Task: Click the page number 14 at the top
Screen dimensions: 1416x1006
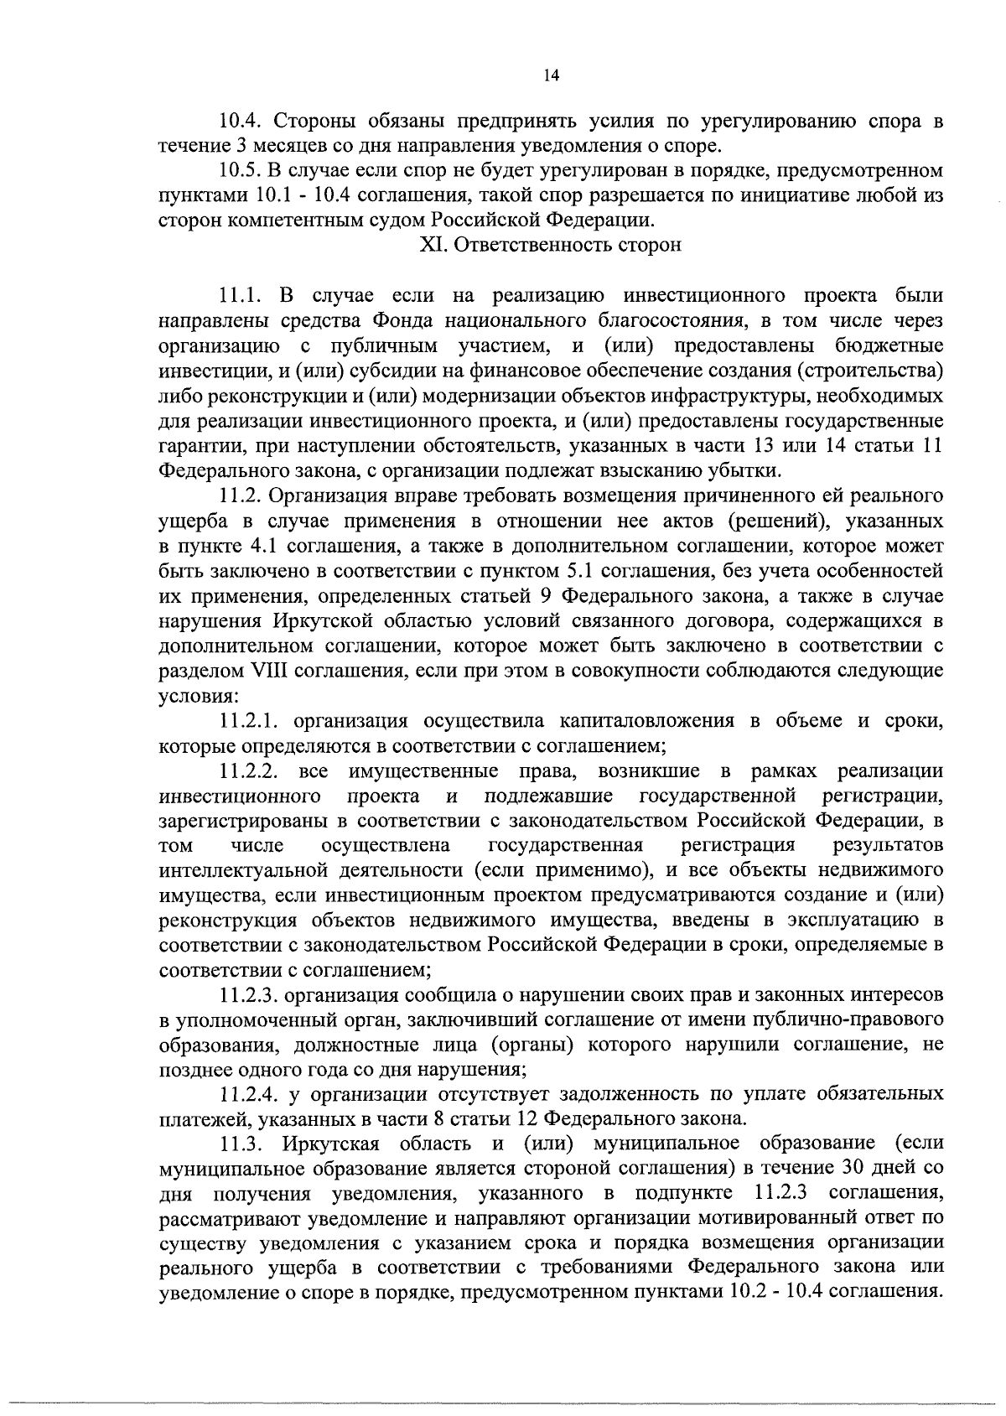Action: tap(551, 75)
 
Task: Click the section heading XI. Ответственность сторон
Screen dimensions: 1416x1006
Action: tap(550, 246)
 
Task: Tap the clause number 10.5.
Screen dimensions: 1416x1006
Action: tap(241, 172)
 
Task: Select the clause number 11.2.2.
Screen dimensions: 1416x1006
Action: tap(254, 770)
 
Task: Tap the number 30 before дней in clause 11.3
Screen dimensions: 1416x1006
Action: tap(846, 1168)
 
